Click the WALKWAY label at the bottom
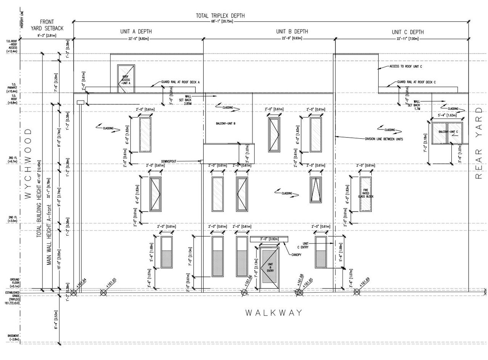274,313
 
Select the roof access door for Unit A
126,79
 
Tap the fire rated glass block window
366,194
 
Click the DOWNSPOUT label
169,162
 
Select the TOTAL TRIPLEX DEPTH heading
220,16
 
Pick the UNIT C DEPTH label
408,32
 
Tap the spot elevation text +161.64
81,283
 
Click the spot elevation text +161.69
364,283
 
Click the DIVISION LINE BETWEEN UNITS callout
384,139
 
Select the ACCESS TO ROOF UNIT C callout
406,66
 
